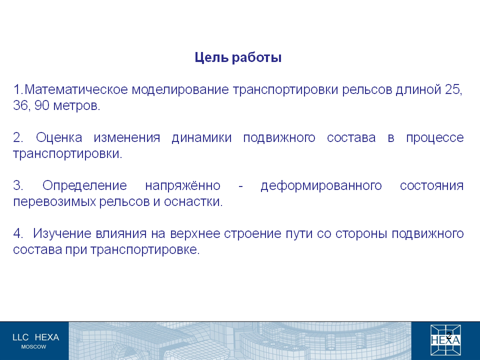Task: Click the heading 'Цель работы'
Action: coord(238,57)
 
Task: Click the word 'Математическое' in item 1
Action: coord(76,89)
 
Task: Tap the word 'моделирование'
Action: coord(180,90)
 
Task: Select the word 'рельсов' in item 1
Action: coord(367,90)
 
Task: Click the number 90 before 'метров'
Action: coord(42,105)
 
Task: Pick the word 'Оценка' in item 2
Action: coord(59,138)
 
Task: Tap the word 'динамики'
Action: coord(201,138)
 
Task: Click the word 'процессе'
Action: coord(434,138)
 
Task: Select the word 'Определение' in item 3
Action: coord(84,185)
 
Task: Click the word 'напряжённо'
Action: coord(183,185)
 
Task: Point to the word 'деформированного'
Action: coord(321,186)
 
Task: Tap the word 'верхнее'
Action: coord(195,234)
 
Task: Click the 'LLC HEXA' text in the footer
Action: coord(36,337)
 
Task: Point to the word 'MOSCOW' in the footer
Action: coord(33,347)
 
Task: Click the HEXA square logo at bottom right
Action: coord(445,340)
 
